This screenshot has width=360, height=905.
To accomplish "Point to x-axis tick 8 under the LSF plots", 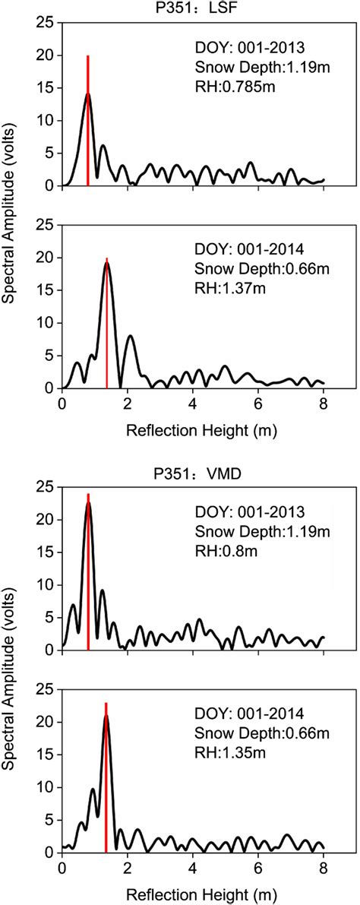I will click(x=324, y=402).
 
